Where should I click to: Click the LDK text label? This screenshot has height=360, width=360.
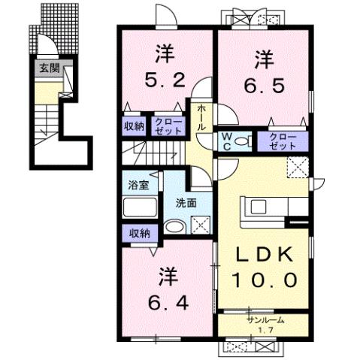(262, 256)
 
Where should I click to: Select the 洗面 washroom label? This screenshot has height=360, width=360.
(186, 201)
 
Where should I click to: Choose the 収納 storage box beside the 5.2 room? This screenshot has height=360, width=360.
(135, 126)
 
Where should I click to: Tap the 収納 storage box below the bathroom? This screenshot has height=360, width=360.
(138, 232)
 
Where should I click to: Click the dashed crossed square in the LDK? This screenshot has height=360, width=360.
(298, 168)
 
